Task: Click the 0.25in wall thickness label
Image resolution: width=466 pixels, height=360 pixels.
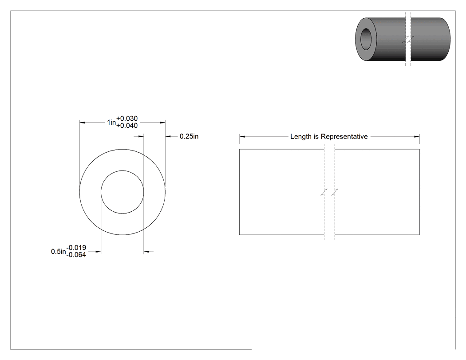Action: (x=189, y=136)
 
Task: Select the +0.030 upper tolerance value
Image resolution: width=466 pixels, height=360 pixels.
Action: (x=127, y=119)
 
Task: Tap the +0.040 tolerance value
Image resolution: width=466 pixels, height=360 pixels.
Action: (x=127, y=126)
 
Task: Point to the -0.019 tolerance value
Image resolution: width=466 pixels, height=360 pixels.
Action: (x=76, y=248)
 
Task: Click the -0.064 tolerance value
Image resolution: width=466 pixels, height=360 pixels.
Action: (x=76, y=255)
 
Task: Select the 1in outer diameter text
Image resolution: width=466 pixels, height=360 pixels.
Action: (x=111, y=122)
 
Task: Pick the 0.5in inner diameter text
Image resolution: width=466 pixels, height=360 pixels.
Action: (x=59, y=252)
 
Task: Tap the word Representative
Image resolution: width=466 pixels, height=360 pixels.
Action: (x=344, y=137)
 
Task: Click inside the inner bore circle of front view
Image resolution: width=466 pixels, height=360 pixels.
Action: (x=122, y=192)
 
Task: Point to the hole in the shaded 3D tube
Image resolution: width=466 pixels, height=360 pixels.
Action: (x=366, y=39)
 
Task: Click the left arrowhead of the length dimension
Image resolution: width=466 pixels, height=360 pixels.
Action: (x=242, y=137)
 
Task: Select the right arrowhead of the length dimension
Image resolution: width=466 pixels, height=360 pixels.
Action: (x=417, y=137)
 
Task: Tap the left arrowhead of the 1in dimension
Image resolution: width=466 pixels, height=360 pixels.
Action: (x=82, y=123)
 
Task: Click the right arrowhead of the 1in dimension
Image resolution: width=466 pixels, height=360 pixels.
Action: (x=162, y=123)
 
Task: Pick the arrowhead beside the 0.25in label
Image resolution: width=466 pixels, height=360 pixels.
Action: (x=168, y=136)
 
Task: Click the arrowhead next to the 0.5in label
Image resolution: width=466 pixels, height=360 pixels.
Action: (x=98, y=252)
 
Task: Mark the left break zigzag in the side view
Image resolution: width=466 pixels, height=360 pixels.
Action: (x=324, y=192)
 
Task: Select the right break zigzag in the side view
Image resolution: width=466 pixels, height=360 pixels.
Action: (x=335, y=192)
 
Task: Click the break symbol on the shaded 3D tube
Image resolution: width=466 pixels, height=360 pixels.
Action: (x=408, y=39)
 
